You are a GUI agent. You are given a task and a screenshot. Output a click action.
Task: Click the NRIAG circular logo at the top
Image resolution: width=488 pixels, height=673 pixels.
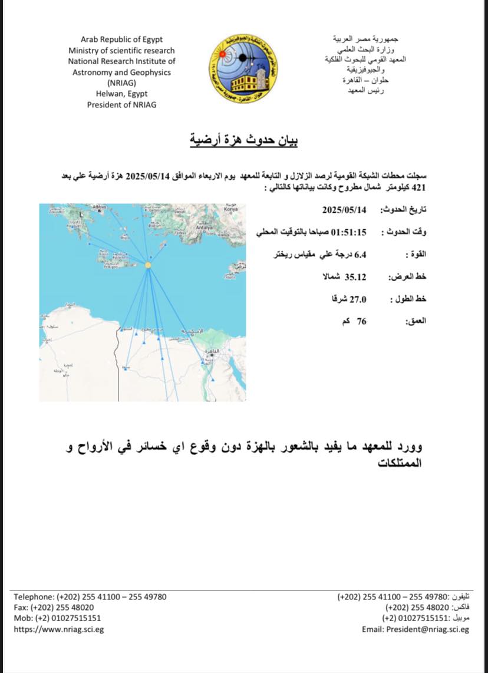coord(243,68)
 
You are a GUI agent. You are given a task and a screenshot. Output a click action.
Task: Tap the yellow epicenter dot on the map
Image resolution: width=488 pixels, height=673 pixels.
coord(148,266)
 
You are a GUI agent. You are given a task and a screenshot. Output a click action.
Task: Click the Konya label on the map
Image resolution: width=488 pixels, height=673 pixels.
coord(230,209)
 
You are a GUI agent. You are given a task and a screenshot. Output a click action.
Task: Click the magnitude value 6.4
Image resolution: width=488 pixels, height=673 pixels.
coord(360,255)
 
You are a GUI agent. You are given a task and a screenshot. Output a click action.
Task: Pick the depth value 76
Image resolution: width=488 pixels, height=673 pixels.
coord(361,321)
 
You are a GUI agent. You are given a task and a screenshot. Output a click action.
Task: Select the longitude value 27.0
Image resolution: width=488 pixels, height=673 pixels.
coord(358,299)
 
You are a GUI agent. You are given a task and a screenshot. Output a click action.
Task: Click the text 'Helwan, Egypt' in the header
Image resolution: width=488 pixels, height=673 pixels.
coord(121,94)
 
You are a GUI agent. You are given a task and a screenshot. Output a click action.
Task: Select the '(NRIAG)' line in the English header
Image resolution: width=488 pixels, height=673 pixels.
coord(121,83)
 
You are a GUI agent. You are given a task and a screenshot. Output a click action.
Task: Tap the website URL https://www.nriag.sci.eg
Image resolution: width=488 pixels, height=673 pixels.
coord(59,629)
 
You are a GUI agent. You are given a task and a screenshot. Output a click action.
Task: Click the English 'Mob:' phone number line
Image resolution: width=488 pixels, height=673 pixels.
coord(57,618)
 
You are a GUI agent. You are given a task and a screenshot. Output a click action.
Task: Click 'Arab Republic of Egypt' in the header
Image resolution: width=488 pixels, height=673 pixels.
coord(121,39)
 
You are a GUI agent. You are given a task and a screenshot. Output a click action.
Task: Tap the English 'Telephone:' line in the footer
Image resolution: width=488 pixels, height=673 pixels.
coord(90,596)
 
